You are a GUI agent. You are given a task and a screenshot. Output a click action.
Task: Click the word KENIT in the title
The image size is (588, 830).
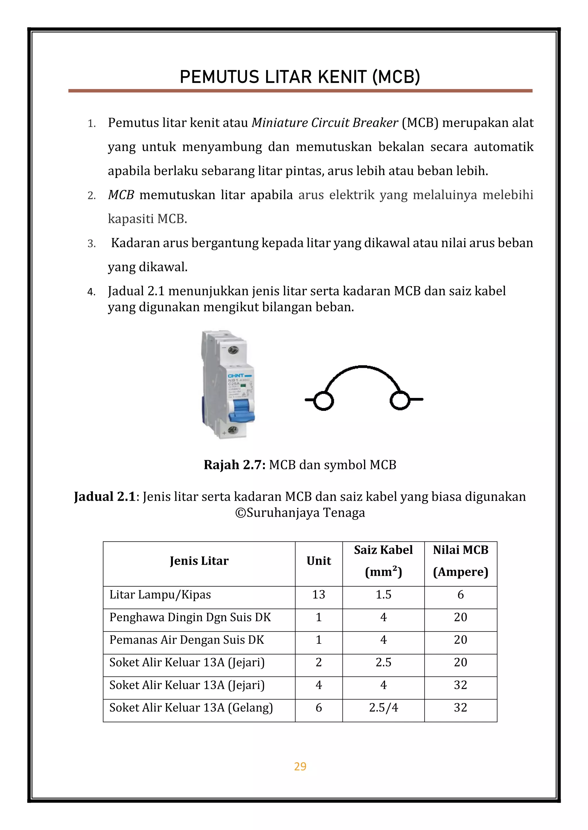coord(342,77)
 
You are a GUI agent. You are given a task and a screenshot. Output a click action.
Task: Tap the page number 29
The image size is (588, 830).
coord(300,766)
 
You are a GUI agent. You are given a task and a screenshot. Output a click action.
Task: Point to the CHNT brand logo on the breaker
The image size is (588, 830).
coord(236,376)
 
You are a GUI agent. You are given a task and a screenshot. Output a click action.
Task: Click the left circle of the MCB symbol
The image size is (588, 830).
coord(323,401)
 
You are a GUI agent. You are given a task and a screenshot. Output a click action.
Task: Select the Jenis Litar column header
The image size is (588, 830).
coord(199,561)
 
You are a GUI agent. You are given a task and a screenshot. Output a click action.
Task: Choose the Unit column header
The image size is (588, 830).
coord(319,561)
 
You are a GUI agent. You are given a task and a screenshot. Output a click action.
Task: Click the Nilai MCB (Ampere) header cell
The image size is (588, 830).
coord(461,561)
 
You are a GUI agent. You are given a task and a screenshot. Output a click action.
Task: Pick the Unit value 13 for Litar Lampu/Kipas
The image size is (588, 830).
coord(319,595)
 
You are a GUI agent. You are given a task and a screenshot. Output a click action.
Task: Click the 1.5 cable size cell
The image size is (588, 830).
coord(383,595)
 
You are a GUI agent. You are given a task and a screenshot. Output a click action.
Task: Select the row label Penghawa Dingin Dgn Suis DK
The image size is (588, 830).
coord(190,617)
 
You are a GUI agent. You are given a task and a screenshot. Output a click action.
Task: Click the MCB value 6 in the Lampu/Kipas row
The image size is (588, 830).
coord(461,595)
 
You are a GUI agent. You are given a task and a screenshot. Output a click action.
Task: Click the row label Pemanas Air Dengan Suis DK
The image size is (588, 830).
coord(187,640)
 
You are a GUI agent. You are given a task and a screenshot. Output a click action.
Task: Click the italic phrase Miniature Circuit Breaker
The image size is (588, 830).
coord(325,123)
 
